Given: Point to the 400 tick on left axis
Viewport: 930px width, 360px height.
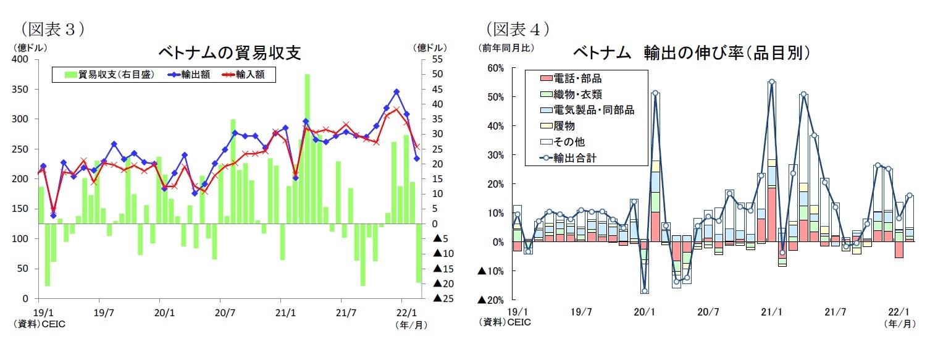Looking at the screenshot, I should pyautogui.click(x=20, y=59).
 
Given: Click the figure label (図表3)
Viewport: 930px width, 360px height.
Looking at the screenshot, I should pyautogui.click(x=52, y=28).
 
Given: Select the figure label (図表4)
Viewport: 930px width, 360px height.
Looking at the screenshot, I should pyautogui.click(x=518, y=28).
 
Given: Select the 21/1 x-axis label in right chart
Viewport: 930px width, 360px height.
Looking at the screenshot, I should pyautogui.click(x=771, y=312).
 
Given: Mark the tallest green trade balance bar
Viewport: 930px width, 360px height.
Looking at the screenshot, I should pyautogui.click(x=307, y=148).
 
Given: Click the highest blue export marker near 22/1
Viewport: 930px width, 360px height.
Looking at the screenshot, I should pyautogui.click(x=396, y=91).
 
